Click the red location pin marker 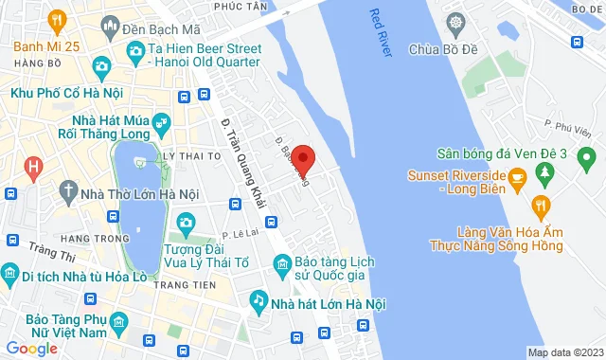303,158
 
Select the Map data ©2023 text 564,352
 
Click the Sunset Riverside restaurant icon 517,175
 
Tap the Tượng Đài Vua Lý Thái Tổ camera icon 186,222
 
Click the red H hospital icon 33,169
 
